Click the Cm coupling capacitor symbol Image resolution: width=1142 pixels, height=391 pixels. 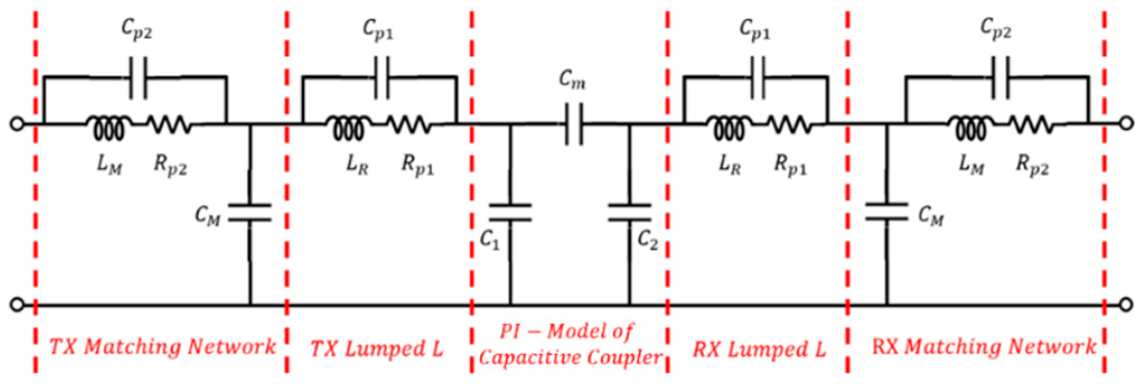pos(574,124)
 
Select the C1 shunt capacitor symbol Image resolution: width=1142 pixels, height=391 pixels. pos(510,213)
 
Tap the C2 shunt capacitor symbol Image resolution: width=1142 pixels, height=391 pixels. pos(629,213)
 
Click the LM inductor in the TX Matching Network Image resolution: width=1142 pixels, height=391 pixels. pos(109,128)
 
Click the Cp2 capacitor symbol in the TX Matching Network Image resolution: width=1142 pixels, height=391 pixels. pos(138,77)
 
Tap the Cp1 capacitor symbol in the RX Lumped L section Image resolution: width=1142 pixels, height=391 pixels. pos(757,77)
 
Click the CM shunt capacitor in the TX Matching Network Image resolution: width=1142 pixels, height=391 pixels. pos(250,213)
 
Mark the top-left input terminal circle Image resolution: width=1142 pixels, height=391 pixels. pos(17,124)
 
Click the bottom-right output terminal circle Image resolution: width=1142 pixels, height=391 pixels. pos(1126,305)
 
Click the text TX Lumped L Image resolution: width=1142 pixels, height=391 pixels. pos(376,349)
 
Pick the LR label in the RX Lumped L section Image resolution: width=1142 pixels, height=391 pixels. pos(729,164)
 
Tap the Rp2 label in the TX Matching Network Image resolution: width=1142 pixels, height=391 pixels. pos(170,165)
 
